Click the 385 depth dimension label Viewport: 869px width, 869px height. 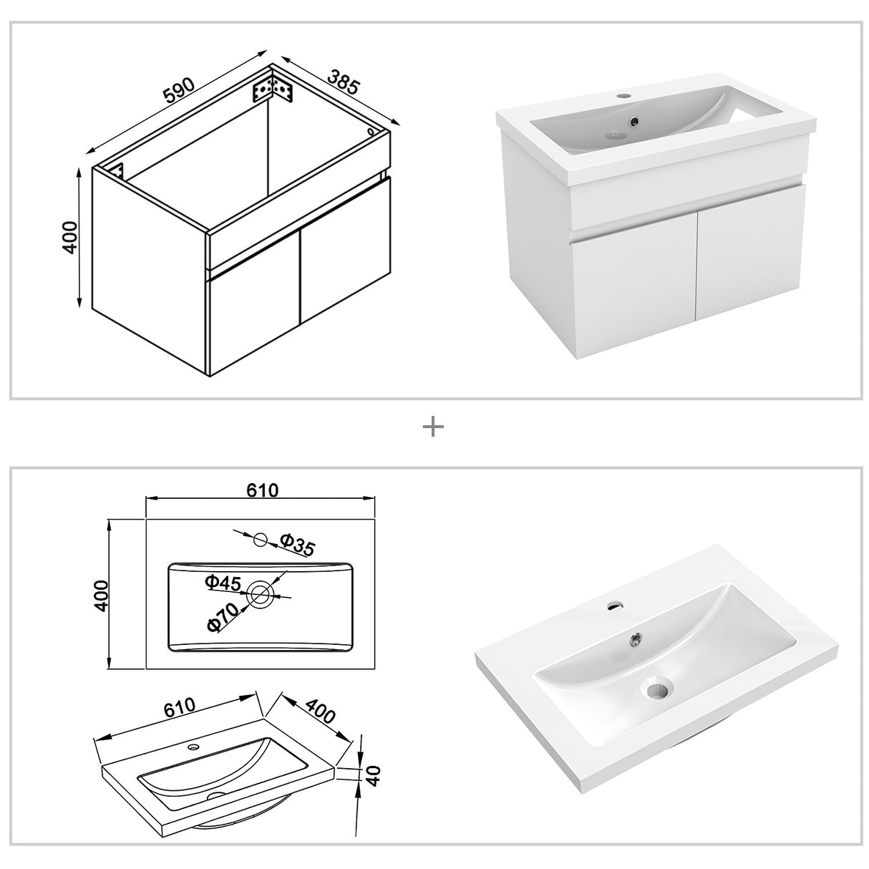(x=342, y=82)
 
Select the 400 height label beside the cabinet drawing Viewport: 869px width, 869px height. (x=70, y=237)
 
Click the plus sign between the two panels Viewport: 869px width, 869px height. (x=434, y=427)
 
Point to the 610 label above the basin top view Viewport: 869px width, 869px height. (x=262, y=490)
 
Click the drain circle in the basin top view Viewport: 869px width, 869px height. (x=260, y=592)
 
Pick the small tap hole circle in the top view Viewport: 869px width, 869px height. (x=261, y=540)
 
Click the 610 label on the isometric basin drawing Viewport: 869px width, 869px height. (x=179, y=707)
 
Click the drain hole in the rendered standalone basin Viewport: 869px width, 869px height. (x=656, y=691)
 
